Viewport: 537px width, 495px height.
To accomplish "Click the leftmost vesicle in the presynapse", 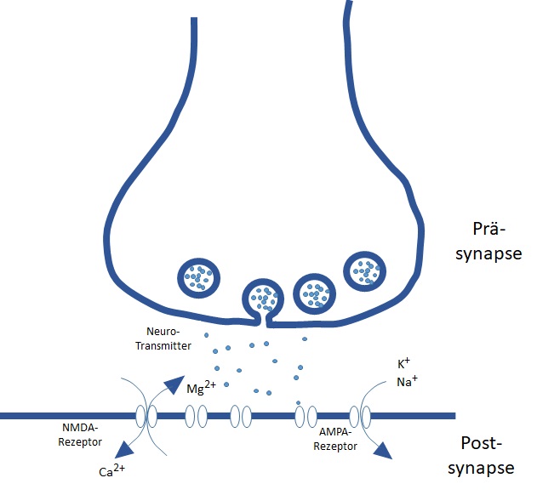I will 199,276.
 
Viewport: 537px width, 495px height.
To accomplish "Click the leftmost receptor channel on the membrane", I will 146,416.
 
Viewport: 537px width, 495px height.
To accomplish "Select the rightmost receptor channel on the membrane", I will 360,416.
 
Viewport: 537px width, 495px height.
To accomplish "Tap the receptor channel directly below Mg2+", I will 197,416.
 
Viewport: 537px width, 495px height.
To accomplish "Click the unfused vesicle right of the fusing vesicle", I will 315,294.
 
